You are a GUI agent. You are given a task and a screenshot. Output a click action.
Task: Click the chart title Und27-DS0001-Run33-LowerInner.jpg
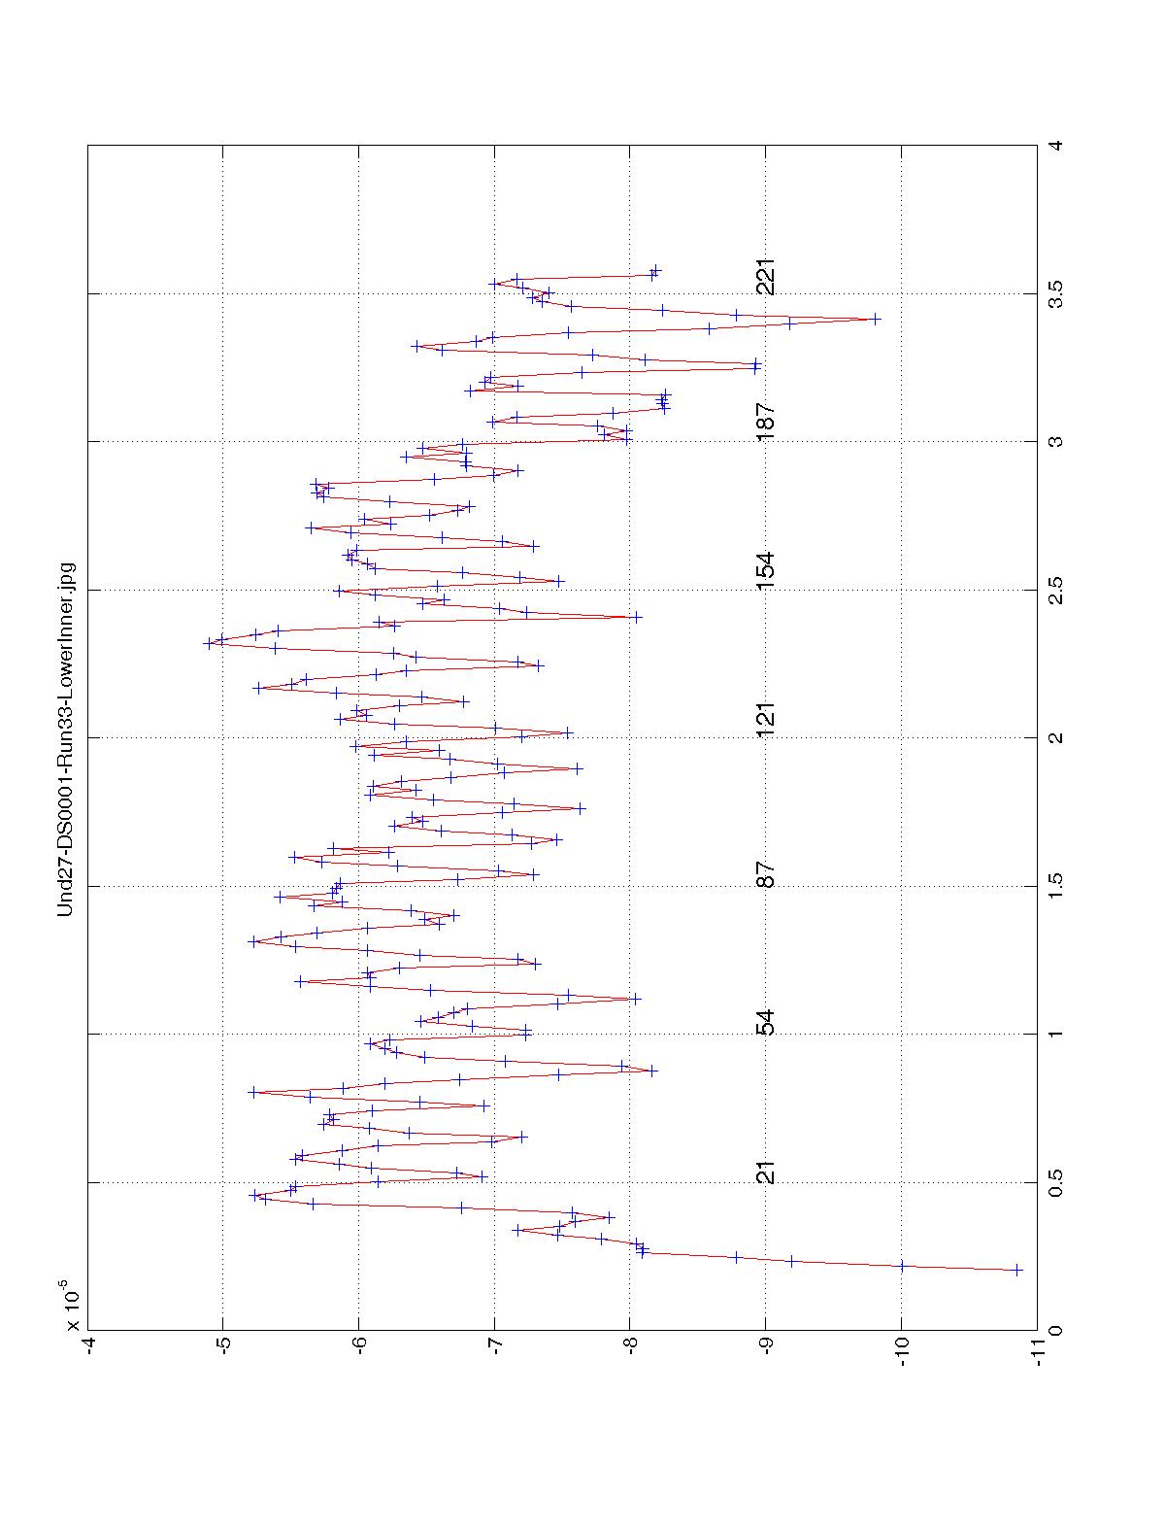(x=66, y=737)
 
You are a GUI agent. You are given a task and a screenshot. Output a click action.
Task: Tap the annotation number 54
(x=766, y=1023)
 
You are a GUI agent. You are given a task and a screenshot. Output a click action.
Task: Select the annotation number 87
(x=766, y=874)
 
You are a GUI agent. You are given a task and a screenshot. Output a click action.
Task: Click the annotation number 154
(x=766, y=569)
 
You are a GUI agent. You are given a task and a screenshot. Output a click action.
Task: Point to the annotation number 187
(x=766, y=421)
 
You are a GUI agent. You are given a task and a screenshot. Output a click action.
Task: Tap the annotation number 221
(x=766, y=277)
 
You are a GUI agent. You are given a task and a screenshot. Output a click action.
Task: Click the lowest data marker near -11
(x=1016, y=1270)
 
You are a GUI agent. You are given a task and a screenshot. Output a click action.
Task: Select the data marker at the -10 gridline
(x=902, y=1266)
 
